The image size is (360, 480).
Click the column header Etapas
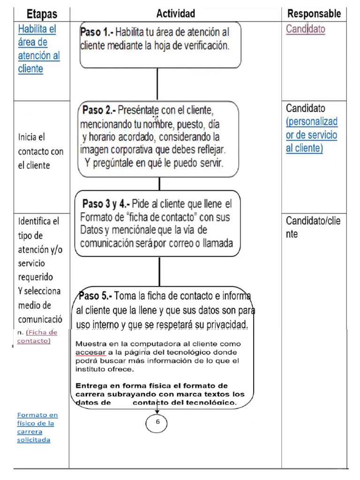coord(41,14)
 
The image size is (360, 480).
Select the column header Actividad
coord(175,14)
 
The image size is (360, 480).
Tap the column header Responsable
coord(314,14)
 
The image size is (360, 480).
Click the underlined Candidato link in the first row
coord(306,29)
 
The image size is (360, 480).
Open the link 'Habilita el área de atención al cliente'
coord(38,49)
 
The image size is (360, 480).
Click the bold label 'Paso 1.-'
coord(97,32)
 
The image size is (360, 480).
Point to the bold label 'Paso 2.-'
coord(99,111)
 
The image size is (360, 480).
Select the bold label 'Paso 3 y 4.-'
coord(106,204)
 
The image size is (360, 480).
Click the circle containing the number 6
coord(157,422)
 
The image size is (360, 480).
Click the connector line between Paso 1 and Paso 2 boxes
coord(157,84)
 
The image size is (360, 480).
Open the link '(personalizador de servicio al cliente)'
coord(312,135)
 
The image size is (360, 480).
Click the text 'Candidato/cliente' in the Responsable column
coord(313,227)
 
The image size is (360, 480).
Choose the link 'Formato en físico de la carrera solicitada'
coord(37,427)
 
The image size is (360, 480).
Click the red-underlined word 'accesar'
coord(88,352)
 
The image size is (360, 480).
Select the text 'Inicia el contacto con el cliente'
coord(40,151)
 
